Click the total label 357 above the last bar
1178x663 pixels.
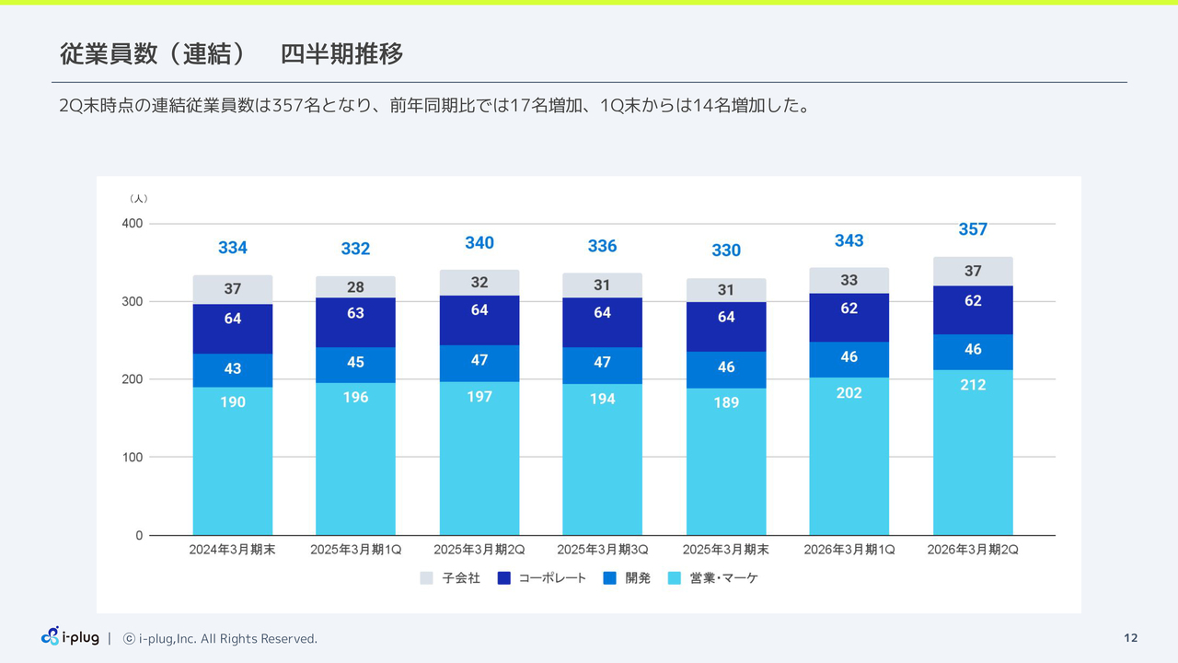[x=973, y=229]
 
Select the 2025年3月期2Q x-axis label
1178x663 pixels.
[x=479, y=550]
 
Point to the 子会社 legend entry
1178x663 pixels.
[x=450, y=578]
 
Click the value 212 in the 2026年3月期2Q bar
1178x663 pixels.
[x=973, y=385]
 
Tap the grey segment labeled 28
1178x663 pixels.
[x=355, y=287]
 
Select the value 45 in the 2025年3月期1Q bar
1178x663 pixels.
[x=355, y=362]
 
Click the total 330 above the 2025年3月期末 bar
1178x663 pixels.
[x=726, y=250]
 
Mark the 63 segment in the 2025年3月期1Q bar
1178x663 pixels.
[x=355, y=313]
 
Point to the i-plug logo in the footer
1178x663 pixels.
[x=70, y=637]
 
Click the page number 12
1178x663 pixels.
[x=1131, y=638]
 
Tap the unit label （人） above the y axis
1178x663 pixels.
[x=138, y=198]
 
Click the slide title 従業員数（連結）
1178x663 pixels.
[x=153, y=54]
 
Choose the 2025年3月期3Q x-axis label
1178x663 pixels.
[x=602, y=550]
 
